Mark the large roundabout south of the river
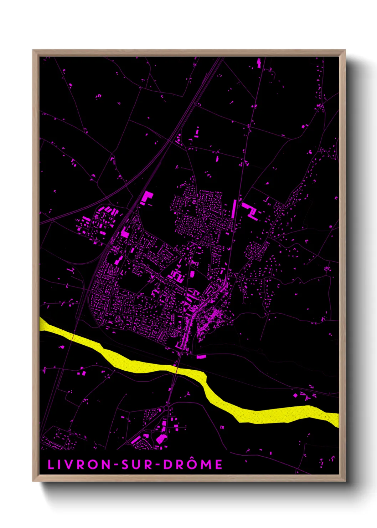(x=167, y=407)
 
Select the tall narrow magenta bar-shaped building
(x=234, y=209)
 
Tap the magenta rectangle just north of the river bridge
(x=201, y=356)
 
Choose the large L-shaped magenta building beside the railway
(x=147, y=197)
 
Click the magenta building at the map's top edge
(x=259, y=63)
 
